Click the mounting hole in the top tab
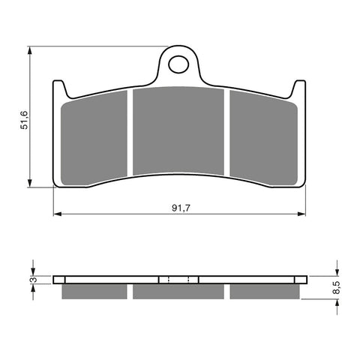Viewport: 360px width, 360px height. click(180, 65)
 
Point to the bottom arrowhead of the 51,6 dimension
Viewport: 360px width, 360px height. click(31, 184)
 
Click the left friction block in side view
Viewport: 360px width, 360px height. click(93, 291)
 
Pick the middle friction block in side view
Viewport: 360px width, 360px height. click(180, 291)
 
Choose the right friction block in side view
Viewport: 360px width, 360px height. click(266, 291)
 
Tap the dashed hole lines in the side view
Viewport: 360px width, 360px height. click(180, 280)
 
